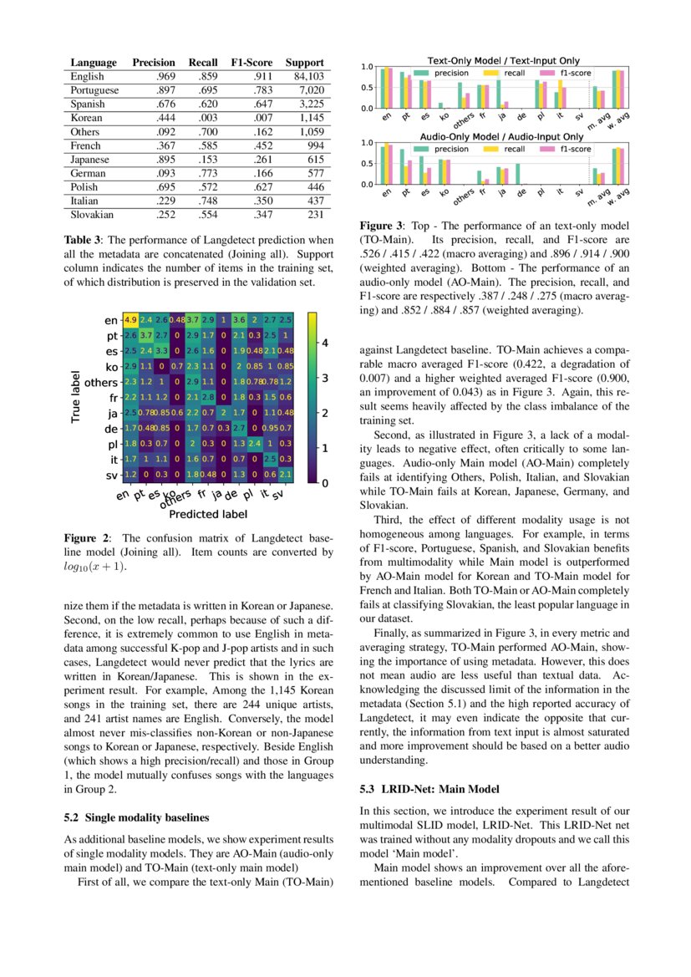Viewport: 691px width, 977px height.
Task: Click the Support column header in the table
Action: coord(304,63)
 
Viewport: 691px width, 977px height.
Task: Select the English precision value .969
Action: coord(165,76)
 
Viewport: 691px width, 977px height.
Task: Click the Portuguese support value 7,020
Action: coord(310,89)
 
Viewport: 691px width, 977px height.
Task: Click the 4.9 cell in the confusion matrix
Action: coord(131,319)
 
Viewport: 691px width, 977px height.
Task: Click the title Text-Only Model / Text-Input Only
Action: coord(503,61)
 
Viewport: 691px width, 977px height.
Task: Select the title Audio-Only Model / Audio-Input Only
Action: coord(503,136)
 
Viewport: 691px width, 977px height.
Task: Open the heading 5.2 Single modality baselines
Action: coord(136,817)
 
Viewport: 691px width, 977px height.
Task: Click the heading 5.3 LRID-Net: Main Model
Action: coord(429,788)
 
